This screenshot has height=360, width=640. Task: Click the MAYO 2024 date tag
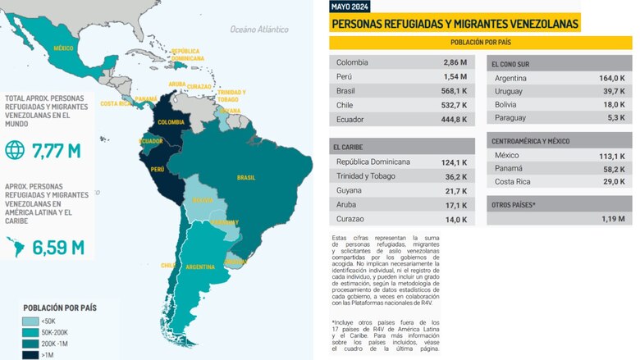click(350, 7)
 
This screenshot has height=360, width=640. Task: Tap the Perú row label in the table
click(345, 77)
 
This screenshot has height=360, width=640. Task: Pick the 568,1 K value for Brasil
click(453, 91)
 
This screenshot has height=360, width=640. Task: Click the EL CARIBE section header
click(349, 147)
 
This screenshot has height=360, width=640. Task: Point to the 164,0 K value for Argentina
click(611, 78)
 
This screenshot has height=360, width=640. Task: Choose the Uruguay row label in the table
click(510, 92)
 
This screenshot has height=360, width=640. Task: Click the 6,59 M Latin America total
click(57, 245)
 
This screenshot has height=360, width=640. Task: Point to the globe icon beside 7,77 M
click(16, 151)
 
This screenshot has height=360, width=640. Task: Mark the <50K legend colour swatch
click(29, 321)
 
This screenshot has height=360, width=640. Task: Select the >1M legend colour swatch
click(29, 355)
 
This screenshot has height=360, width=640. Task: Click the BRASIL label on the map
click(246, 177)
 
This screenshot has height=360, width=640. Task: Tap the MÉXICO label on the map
click(63, 48)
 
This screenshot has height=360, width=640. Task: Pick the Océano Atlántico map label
click(259, 30)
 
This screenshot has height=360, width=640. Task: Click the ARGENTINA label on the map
click(200, 267)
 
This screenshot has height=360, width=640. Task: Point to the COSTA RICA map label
click(116, 104)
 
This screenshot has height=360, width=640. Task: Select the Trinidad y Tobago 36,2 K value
click(453, 176)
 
